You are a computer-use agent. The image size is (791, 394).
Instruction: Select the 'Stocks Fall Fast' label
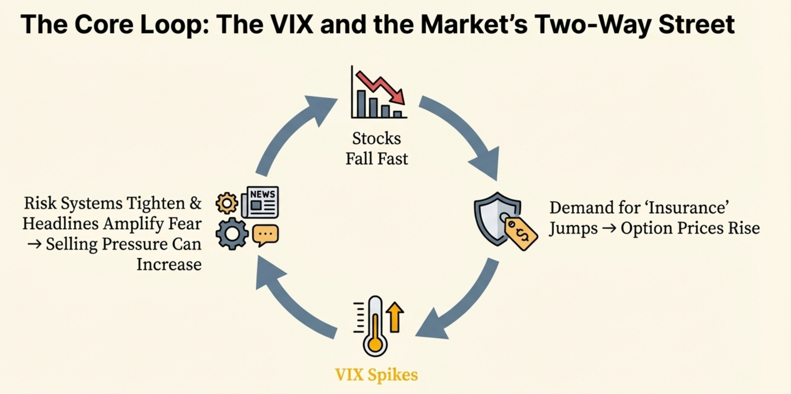[377, 148]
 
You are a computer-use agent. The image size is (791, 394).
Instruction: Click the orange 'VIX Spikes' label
[377, 375]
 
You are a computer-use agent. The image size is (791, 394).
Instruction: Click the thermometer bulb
[375, 344]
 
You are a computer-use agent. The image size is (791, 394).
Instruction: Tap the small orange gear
[227, 203]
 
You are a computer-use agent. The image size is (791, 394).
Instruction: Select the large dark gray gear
[232, 234]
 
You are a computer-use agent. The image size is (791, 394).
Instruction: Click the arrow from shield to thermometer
[461, 304]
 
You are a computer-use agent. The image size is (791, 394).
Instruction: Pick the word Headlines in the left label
[61, 224]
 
